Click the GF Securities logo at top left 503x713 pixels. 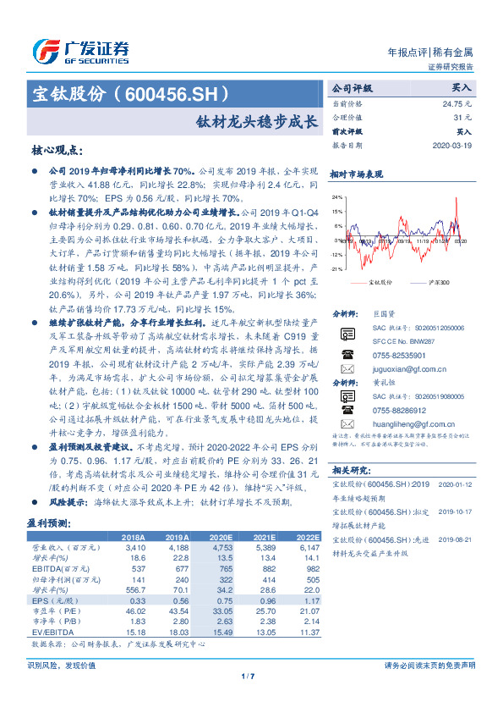coord(80,51)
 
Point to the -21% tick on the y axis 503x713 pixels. coord(336,268)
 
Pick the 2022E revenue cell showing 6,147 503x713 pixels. coord(308,548)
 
